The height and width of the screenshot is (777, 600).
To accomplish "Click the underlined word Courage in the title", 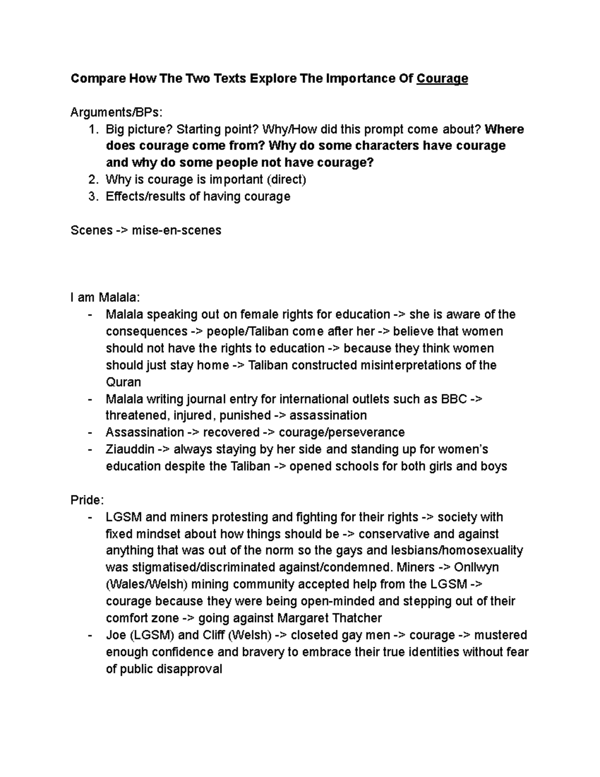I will tap(442, 79).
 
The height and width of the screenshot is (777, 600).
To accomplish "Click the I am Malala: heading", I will tap(105, 298).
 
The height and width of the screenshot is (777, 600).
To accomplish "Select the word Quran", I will tap(123, 382).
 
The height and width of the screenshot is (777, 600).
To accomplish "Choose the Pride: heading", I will tap(87, 500).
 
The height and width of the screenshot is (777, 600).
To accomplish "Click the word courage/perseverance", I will tap(341, 432).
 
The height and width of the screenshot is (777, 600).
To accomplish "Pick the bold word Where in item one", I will tap(504, 129).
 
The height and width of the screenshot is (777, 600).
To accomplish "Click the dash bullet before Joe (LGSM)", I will tap(89, 635).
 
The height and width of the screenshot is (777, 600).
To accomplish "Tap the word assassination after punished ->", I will tap(328, 416).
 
